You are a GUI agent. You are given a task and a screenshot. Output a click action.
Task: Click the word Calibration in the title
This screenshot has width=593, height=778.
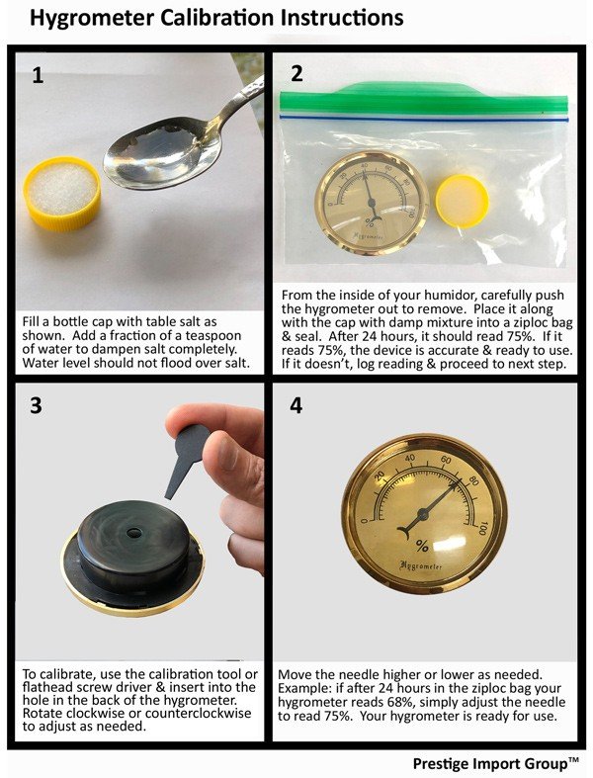[x=215, y=19]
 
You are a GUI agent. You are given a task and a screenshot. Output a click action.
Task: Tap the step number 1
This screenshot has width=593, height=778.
[x=38, y=75]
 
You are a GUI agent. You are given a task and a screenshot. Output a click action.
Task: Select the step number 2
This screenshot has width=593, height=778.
[x=296, y=73]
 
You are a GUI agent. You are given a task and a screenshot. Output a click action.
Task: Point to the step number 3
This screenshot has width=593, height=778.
[x=36, y=405]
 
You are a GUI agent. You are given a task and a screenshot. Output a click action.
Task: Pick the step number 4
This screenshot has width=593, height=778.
[x=296, y=406]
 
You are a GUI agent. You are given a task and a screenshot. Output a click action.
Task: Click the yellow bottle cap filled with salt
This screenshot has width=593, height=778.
[x=62, y=193]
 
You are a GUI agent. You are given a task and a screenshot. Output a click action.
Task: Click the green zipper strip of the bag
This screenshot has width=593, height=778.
[x=423, y=99]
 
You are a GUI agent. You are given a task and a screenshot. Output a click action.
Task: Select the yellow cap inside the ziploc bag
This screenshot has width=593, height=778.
[x=462, y=201]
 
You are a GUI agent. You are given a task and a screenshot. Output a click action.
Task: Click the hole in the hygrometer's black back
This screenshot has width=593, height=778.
[x=134, y=533]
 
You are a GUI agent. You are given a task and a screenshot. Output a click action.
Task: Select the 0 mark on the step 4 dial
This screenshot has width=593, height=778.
[x=365, y=521]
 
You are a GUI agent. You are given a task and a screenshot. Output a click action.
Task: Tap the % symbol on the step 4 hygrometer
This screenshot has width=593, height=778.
[x=422, y=547]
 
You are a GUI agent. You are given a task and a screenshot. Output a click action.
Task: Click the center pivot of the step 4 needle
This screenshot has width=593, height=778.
[x=423, y=514]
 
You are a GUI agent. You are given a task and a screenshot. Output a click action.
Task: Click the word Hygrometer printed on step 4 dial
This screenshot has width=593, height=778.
[x=420, y=565]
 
